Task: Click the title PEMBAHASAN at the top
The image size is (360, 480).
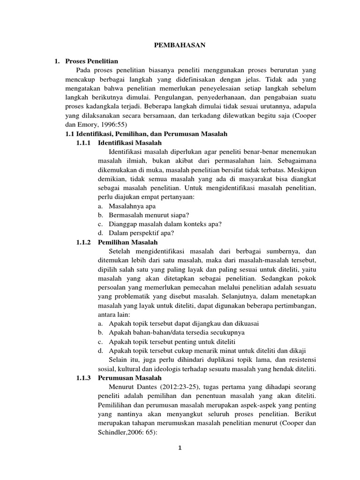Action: [180, 45]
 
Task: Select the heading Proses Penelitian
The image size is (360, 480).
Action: [92, 61]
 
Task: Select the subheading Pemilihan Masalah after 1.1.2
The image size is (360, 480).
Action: [128, 242]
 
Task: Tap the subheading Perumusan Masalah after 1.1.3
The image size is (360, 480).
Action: [130, 378]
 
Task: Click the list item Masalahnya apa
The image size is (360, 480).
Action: [132, 206]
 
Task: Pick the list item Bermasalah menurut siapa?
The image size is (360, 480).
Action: [149, 215]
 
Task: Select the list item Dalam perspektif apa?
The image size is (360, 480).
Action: [142, 233]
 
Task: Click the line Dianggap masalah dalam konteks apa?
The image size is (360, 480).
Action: [165, 224]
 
